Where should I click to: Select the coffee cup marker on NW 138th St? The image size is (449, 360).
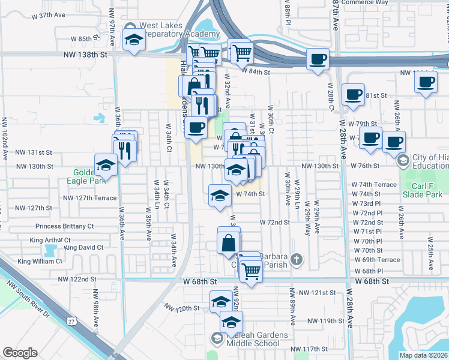pyautogui.click(x=318, y=60)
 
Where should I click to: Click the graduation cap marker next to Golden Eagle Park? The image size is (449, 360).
pyautogui.click(x=106, y=166)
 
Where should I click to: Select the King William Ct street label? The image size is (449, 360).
pyautogui.click(x=40, y=261)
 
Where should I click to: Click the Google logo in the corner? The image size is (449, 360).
pyautogui.click(x=20, y=352)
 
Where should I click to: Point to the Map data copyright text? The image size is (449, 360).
pyautogui.click(x=423, y=355)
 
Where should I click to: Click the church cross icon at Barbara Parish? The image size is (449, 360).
pyautogui.click(x=295, y=259)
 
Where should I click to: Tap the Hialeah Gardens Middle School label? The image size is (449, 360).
pyautogui.click(x=247, y=339)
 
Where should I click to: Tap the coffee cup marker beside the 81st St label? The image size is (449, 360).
pyautogui.click(x=354, y=94)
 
